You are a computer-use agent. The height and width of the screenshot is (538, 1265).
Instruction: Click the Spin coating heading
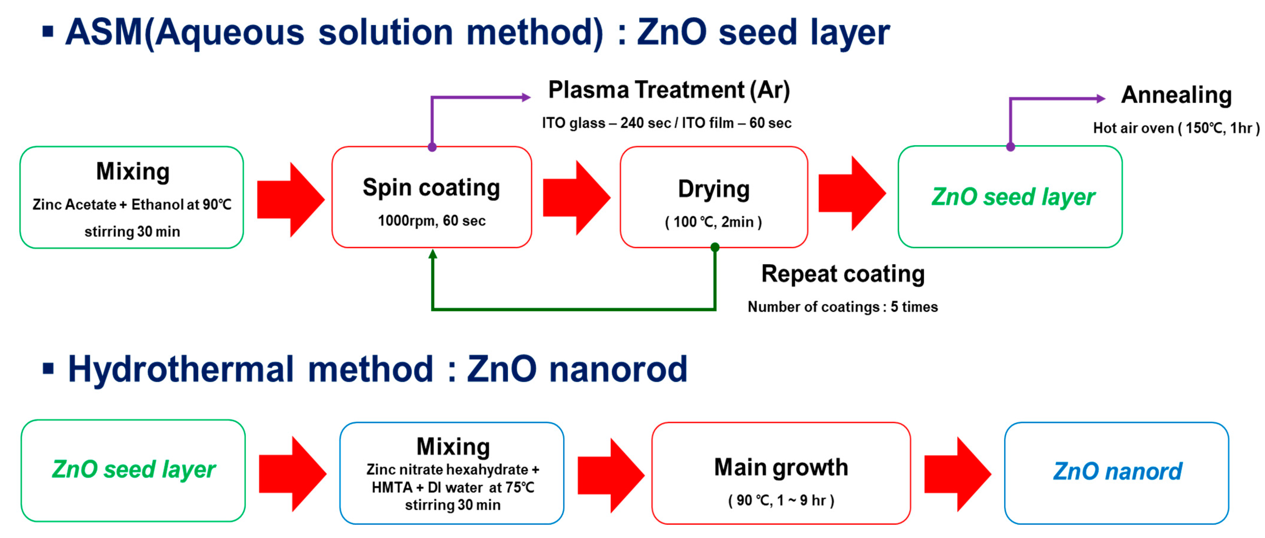[431, 188]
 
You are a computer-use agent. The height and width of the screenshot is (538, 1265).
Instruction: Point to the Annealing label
[1176, 95]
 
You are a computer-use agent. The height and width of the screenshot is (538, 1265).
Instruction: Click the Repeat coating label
[843, 274]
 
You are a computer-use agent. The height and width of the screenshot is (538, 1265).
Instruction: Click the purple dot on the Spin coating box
[432, 147]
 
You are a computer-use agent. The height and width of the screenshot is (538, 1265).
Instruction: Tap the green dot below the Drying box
[715, 247]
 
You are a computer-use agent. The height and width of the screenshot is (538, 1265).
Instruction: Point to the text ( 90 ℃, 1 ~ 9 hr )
[781, 500]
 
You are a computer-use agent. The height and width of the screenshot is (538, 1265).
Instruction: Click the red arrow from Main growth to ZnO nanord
[957, 474]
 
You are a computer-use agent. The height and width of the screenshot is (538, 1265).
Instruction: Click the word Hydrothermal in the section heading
[181, 369]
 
